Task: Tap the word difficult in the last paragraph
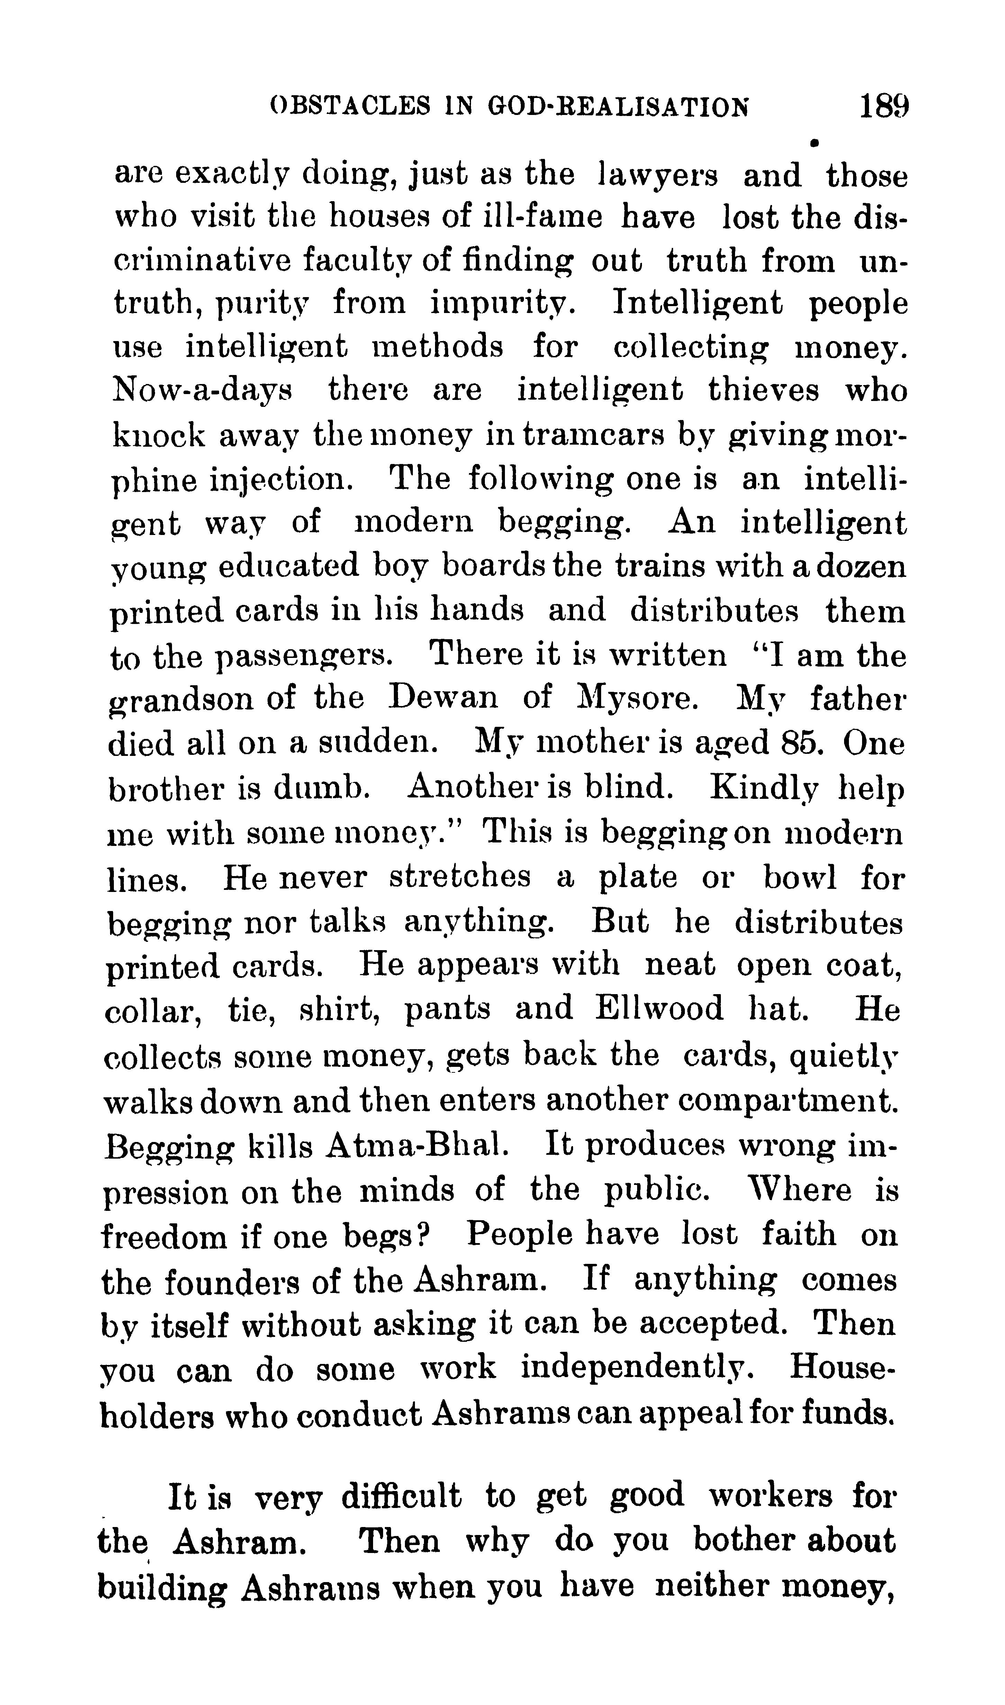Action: pos(401,1496)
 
